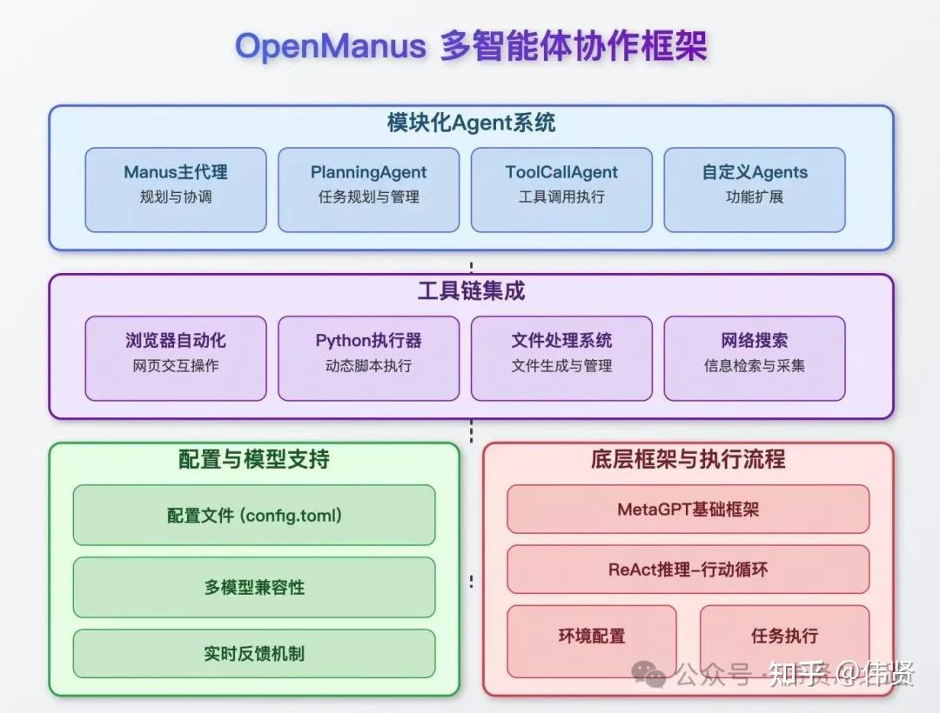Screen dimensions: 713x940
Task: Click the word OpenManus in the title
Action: coord(331,46)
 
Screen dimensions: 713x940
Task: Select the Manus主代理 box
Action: coord(176,190)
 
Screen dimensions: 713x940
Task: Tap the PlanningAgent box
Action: coord(368,190)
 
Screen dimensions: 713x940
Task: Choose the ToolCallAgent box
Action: coord(561,190)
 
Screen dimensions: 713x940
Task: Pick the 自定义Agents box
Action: coord(755,190)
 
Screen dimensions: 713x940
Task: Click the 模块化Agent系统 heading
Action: coord(471,123)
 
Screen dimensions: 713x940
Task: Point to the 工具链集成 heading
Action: coord(471,291)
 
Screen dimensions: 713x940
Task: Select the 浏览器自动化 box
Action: coord(176,357)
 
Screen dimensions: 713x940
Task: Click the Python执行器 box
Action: coord(368,357)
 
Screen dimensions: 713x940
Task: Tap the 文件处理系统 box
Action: coord(561,357)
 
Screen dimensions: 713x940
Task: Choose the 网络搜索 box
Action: coord(755,357)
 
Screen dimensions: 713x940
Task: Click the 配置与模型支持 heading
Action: coord(253,460)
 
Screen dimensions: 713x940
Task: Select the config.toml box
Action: coord(253,515)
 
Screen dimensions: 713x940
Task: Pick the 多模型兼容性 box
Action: coord(253,587)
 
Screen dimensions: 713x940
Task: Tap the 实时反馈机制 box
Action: coord(253,653)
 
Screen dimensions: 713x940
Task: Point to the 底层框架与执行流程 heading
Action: coord(688,460)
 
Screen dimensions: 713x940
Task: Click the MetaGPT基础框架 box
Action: coord(688,509)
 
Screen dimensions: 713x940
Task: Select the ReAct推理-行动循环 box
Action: coord(688,570)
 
